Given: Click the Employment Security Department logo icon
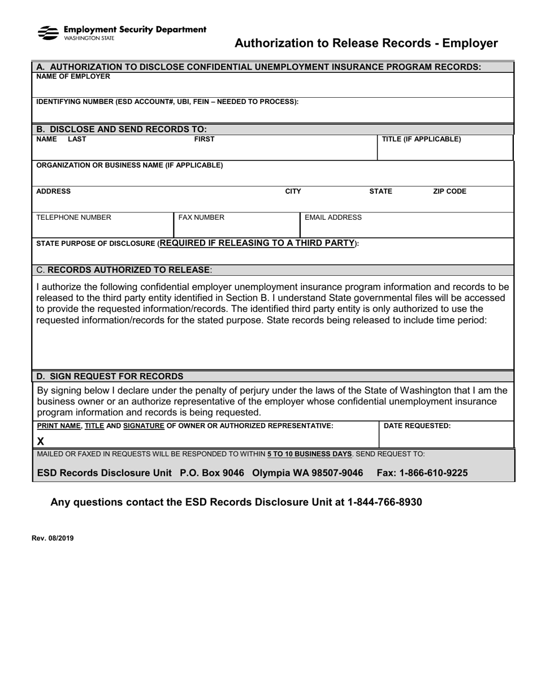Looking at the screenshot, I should [47, 33].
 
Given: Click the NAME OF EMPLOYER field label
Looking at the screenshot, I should [73, 77].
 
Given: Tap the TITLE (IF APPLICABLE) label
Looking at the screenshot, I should [421, 139].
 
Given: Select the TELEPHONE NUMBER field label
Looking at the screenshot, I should [73, 218].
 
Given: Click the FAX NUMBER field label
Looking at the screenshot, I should [201, 218].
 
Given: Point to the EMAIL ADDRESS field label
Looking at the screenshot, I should [333, 218].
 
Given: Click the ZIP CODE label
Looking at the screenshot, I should [449, 192].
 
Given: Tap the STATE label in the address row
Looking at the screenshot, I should [380, 192].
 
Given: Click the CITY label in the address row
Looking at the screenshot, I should [293, 192].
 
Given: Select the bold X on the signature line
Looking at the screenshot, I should [41, 441].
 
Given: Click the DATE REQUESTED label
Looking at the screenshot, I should [417, 426].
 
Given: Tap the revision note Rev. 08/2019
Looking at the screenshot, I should [53, 538].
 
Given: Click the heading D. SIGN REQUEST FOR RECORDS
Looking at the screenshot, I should [110, 376].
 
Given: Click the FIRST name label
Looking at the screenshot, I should [204, 139].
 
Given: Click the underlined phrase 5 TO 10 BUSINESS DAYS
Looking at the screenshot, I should [310, 454].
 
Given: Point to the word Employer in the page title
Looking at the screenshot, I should [470, 44].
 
